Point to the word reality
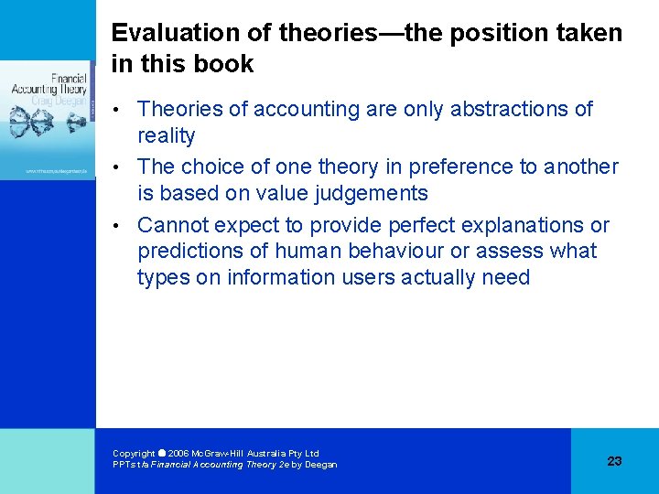(167, 136)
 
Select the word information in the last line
(264, 278)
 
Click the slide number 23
(614, 461)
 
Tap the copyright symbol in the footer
(162, 453)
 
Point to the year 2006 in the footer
(178, 454)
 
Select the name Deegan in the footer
(321, 465)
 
